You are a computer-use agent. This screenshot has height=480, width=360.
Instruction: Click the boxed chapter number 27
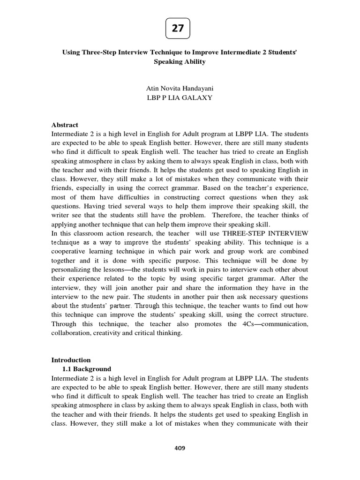point(178,29)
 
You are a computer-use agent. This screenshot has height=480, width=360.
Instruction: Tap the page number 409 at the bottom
point(180,448)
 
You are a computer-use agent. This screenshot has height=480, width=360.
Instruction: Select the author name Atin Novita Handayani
point(180,89)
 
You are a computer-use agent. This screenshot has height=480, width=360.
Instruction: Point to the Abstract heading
point(65,125)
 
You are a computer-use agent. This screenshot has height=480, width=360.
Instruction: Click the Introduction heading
point(71,360)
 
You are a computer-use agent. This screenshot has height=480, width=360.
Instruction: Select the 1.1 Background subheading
point(87,369)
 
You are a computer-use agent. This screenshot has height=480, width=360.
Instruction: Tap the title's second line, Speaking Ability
point(180,62)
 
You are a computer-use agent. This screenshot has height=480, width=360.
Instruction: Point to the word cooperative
point(68,252)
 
